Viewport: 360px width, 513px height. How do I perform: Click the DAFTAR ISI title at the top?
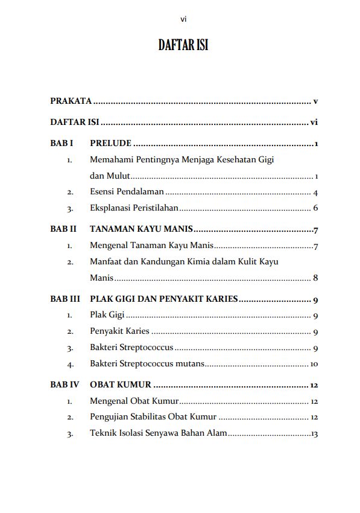point(183,45)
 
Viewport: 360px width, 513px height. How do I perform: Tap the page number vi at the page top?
point(183,20)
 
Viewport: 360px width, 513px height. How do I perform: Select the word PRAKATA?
point(71,101)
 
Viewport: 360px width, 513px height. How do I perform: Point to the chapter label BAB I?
point(62,144)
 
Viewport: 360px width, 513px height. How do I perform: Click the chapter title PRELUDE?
point(110,144)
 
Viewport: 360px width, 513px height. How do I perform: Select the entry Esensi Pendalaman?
point(127,193)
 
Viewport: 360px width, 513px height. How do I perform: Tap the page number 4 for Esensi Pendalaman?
point(315,193)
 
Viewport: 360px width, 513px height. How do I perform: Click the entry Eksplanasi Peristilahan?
point(134,209)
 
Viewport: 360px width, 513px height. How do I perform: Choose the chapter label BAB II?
point(63,229)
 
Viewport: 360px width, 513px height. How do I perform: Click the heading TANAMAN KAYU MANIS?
point(141,229)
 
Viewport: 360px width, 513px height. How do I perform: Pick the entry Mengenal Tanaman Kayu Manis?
point(151,246)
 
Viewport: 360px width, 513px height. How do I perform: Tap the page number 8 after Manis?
point(315,278)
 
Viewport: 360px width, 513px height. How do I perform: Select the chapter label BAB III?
point(65,299)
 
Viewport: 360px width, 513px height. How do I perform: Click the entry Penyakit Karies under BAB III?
point(119,331)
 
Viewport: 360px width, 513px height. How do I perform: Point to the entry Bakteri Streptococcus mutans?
point(147,364)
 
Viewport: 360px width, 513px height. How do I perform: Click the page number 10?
point(314,364)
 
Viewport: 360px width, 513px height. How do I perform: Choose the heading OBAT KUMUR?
point(120,385)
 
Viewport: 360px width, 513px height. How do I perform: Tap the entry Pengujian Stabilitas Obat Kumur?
point(153,417)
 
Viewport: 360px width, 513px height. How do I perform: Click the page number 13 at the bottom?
point(314,433)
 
